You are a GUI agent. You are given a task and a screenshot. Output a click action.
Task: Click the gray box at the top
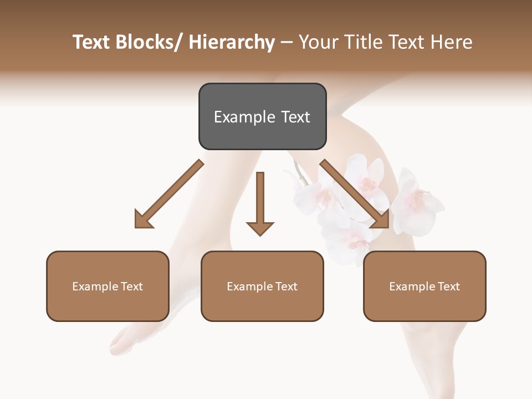(262, 116)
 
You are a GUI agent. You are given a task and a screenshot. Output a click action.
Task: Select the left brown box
(108, 286)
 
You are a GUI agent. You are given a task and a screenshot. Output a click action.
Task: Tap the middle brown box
(262, 286)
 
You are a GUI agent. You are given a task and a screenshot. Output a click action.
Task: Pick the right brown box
(424, 286)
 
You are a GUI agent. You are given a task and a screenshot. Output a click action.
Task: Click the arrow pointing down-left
(169, 194)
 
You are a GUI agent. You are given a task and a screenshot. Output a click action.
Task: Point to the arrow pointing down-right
(355, 194)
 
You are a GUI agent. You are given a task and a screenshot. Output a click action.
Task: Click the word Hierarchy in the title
(232, 43)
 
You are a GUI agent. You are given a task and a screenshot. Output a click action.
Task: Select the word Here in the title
(451, 43)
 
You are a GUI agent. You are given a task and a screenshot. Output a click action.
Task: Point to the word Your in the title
(318, 43)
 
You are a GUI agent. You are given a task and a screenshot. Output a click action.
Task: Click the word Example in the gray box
(244, 117)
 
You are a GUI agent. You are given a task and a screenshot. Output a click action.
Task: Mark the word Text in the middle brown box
(286, 287)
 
